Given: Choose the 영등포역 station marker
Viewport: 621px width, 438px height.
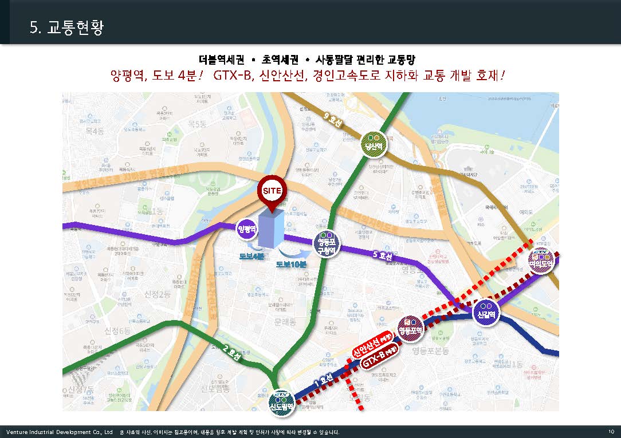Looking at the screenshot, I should (410, 328).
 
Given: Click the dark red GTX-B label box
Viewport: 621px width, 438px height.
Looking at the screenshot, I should (380, 360).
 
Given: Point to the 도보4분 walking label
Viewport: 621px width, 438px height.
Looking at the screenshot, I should (252, 256).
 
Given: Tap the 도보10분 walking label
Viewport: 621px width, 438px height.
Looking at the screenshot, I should (292, 265).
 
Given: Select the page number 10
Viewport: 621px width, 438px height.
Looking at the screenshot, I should (611, 431).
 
